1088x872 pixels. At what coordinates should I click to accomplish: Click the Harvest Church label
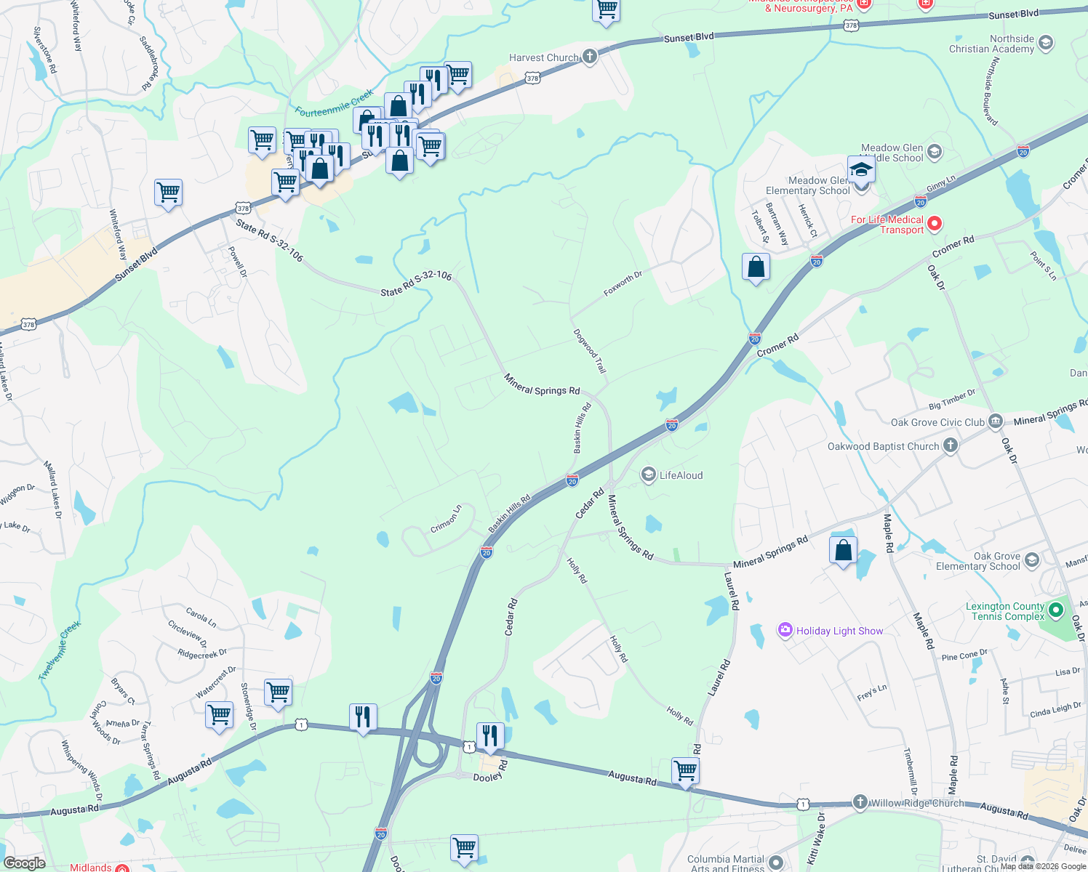[x=543, y=58]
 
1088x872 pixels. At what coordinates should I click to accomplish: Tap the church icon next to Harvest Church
[x=590, y=57]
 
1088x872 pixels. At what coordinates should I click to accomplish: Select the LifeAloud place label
[x=681, y=475]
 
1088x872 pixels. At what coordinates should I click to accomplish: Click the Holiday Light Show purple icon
[x=785, y=630]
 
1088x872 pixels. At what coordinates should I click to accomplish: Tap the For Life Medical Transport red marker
[x=935, y=224]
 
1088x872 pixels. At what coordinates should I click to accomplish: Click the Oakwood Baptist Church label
[x=883, y=446]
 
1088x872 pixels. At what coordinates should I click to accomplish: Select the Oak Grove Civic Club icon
[x=996, y=421]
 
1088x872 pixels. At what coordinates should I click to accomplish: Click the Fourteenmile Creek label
[x=335, y=103]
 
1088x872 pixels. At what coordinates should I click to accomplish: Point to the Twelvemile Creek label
[x=60, y=650]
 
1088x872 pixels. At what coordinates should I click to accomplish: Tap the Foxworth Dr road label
[x=623, y=284]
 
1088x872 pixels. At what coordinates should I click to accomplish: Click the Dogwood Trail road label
[x=590, y=352]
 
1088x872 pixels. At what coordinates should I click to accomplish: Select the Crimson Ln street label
[x=446, y=519]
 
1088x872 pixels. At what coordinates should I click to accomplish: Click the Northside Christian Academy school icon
[x=1046, y=43]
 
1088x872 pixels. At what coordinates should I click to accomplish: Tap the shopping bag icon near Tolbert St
[x=756, y=267]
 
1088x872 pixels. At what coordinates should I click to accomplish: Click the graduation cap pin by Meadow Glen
[x=860, y=169]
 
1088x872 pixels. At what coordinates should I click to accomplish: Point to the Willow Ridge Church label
[x=917, y=803]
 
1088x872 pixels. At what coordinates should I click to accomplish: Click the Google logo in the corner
[x=24, y=863]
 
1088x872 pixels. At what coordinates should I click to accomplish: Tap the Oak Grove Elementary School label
[x=978, y=561]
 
